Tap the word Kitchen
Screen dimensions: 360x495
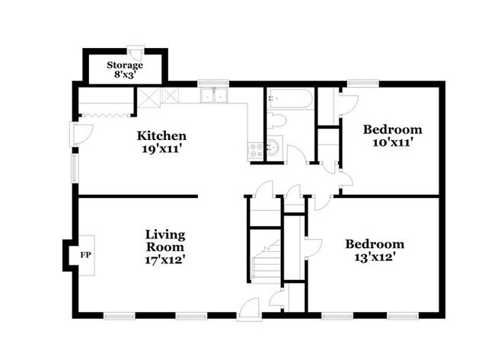[161, 136]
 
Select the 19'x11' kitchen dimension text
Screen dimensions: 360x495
[161, 149]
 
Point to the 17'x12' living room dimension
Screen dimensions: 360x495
[165, 259]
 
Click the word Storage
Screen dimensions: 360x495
[124, 65]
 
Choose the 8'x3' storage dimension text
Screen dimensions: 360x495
[124, 76]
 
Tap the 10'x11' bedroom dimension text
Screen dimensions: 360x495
[391, 142]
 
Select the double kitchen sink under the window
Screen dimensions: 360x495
[214, 96]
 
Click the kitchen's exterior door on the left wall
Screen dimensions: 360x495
[81, 133]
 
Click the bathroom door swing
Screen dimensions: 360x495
[298, 155]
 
